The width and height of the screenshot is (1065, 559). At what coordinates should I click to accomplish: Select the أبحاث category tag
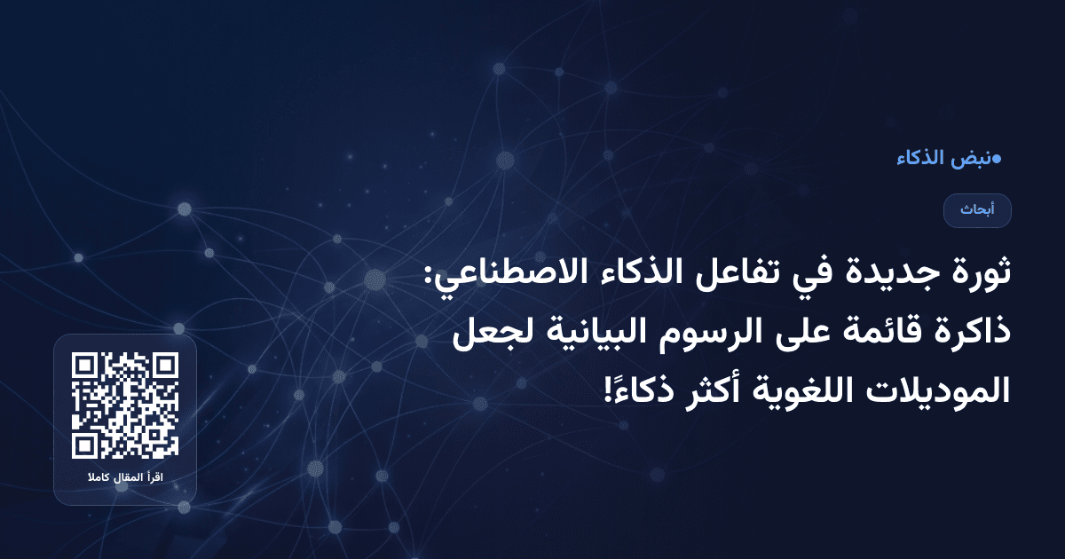point(977,210)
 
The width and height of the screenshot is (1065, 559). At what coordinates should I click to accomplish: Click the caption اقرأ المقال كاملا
point(125,479)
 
